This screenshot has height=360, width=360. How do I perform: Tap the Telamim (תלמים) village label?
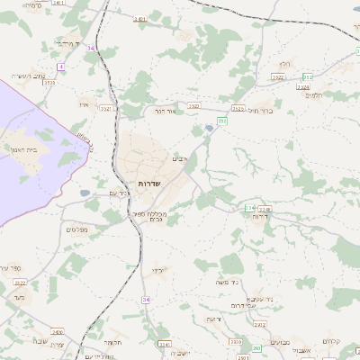pyautogui.click(x=314, y=94)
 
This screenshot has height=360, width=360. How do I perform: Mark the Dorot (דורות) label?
pyautogui.click(x=261, y=217)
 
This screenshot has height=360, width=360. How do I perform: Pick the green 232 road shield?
pyautogui.click(x=221, y=121)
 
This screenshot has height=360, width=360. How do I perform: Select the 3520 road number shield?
pyautogui.click(x=49, y=82)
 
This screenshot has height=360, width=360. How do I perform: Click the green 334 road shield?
pyautogui.click(x=249, y=208)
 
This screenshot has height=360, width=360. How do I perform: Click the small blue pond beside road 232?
pyautogui.click(x=210, y=129)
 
